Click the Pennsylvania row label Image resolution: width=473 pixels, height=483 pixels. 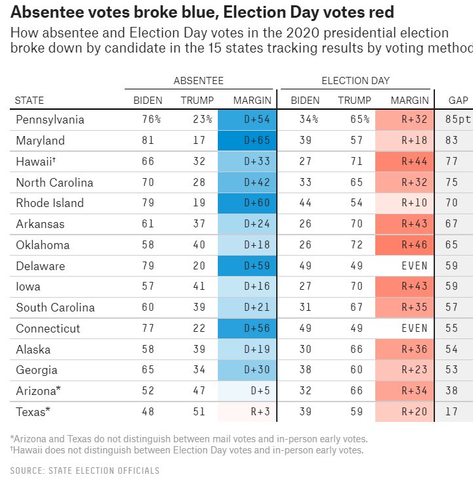(x=50, y=120)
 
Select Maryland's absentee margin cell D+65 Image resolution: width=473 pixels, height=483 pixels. (x=248, y=141)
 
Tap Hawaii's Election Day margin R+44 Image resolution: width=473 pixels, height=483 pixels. (x=405, y=162)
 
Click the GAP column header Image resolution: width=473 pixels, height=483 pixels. (x=458, y=101)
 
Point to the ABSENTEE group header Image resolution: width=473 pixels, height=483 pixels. (x=198, y=81)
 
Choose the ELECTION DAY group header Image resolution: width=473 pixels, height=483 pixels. (x=355, y=81)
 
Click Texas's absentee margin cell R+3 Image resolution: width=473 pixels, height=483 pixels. (x=248, y=412)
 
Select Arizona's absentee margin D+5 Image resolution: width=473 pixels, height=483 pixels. (x=248, y=391)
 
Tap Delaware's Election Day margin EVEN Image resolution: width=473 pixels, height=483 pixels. (x=405, y=266)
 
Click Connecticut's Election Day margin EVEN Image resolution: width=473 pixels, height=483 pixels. (x=405, y=329)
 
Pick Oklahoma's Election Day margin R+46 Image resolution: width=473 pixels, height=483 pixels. (x=405, y=245)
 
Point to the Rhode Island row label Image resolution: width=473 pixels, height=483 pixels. (x=50, y=203)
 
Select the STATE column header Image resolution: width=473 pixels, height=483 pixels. (x=30, y=101)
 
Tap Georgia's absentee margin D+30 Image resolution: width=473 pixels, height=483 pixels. (x=248, y=370)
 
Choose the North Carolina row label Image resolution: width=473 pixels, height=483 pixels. (x=54, y=183)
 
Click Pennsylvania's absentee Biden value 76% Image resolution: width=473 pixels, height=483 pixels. (x=151, y=120)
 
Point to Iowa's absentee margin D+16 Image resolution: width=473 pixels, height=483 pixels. (x=248, y=287)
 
